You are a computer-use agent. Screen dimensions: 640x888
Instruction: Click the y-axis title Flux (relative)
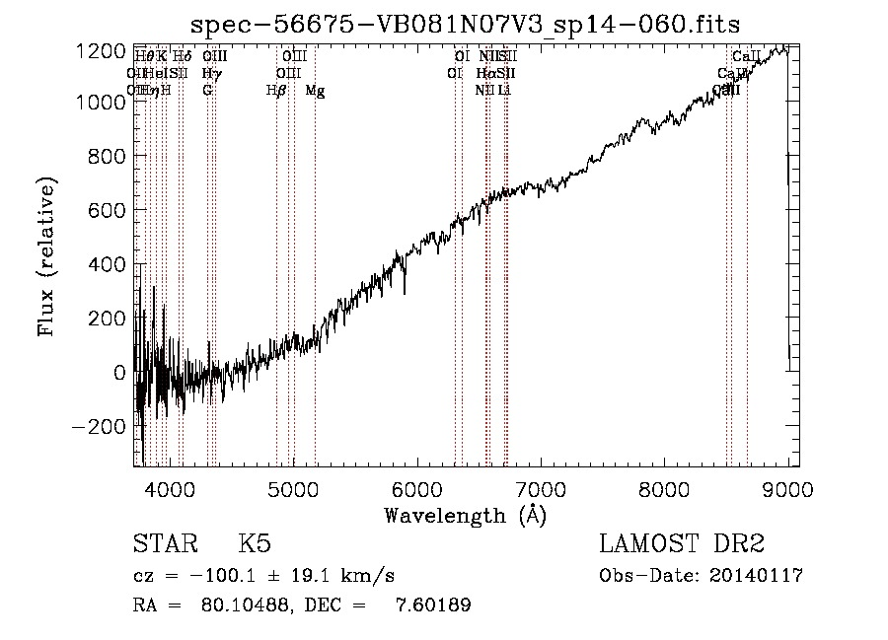[46, 257]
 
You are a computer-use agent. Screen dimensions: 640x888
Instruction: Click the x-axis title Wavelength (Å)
[465, 515]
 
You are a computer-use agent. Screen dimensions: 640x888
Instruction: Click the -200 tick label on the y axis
[102, 427]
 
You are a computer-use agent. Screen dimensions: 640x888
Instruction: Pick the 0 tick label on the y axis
[120, 373]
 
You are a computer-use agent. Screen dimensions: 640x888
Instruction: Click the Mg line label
[315, 91]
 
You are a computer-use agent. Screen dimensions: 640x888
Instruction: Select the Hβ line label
[276, 91]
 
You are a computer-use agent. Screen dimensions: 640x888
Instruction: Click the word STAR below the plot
[164, 545]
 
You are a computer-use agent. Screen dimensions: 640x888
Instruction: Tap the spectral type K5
[255, 545]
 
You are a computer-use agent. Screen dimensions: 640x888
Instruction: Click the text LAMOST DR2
[682, 545]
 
